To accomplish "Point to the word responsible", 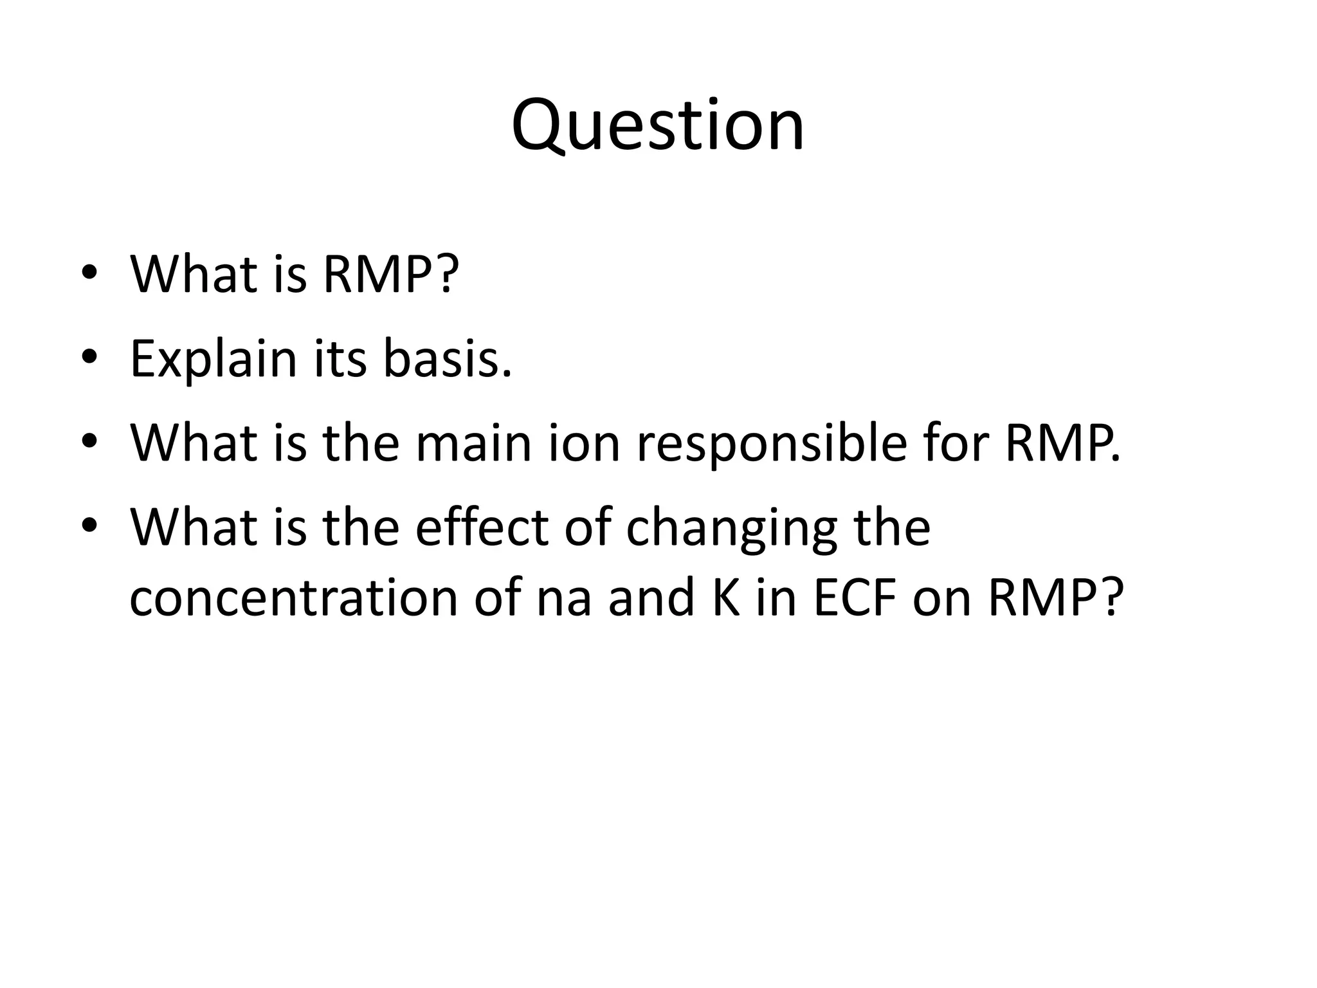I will click(772, 443).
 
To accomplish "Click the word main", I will click(474, 443).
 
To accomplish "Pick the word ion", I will click(584, 443).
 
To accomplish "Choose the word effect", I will click(482, 528).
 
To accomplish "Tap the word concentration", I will click(293, 598).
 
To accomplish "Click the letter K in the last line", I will click(727, 598).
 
